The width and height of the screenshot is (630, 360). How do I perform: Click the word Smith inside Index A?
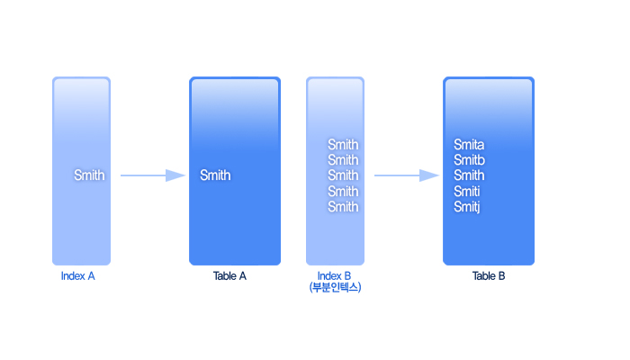[x=89, y=175]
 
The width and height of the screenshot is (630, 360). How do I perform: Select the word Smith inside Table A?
[x=215, y=175]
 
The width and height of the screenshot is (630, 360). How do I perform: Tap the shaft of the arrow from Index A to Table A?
[x=143, y=175]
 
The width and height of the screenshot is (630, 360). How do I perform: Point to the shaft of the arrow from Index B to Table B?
[x=397, y=175]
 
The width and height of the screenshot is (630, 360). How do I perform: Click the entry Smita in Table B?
[x=469, y=145]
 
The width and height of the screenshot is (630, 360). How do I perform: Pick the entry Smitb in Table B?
[x=469, y=160]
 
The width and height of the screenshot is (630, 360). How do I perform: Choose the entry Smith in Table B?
[x=469, y=175]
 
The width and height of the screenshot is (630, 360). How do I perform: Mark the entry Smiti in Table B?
[x=467, y=191]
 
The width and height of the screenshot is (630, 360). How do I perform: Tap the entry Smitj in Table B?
[x=467, y=207]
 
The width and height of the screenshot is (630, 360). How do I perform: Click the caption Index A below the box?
[x=78, y=276]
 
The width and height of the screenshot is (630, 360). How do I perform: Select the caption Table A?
[x=229, y=276]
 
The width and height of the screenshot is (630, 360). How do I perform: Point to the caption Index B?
[x=334, y=276]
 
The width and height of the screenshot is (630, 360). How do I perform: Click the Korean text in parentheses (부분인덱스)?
[x=335, y=287]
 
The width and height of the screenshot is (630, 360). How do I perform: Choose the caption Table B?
[x=489, y=276]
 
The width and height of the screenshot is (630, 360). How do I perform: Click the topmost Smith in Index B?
[x=343, y=145]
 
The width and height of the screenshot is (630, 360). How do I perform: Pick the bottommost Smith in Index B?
[x=343, y=206]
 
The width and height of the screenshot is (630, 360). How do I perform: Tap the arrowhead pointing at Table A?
[x=175, y=175]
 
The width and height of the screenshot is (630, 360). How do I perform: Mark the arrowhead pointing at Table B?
[x=429, y=175]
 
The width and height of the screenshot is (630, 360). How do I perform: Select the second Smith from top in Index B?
[x=343, y=160]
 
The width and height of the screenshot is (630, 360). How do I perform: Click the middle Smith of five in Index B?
[x=343, y=175]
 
